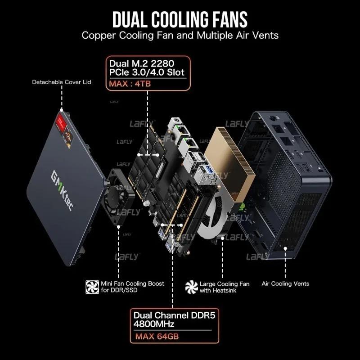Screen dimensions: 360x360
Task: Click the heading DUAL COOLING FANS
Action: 180,20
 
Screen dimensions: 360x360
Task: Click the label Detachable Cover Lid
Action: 62,82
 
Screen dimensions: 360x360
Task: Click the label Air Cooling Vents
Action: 285,283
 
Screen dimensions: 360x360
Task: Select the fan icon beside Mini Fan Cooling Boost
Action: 92,286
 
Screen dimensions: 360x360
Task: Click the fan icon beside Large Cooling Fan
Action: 192,287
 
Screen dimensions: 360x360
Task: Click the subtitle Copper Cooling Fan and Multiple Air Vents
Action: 180,36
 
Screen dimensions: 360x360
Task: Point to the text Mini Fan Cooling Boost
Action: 133,283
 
